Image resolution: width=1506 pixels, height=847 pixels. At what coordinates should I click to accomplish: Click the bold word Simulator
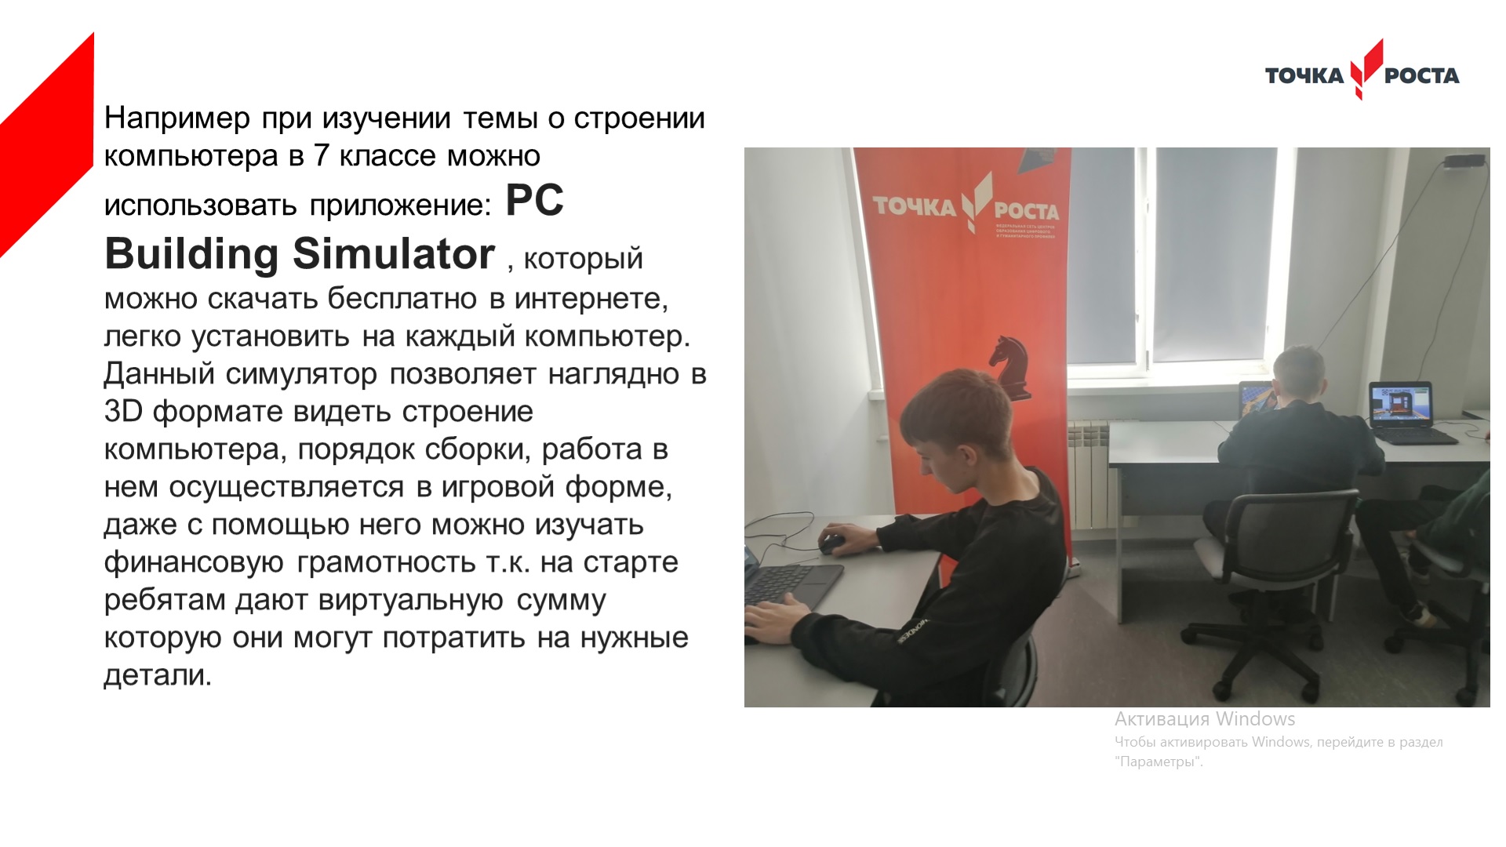click(x=394, y=254)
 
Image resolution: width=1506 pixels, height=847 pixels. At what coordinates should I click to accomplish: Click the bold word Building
click(x=191, y=254)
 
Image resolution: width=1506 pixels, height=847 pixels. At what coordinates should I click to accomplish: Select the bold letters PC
click(x=534, y=201)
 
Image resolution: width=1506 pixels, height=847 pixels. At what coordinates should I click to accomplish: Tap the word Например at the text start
click(x=177, y=118)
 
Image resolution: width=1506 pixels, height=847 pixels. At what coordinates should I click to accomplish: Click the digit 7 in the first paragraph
click(x=322, y=155)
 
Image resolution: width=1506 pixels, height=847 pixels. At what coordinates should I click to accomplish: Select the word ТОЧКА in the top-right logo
click(x=1304, y=75)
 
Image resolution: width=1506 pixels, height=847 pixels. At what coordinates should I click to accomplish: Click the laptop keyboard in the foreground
click(x=792, y=584)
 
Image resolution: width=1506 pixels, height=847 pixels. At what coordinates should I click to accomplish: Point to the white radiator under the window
click(x=1089, y=474)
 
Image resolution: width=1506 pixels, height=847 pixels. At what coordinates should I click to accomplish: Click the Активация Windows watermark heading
click(x=1205, y=719)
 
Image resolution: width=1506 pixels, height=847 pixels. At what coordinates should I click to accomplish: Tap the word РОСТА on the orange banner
click(x=1026, y=211)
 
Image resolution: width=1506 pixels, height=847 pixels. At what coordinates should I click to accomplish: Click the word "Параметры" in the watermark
click(x=1159, y=762)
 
